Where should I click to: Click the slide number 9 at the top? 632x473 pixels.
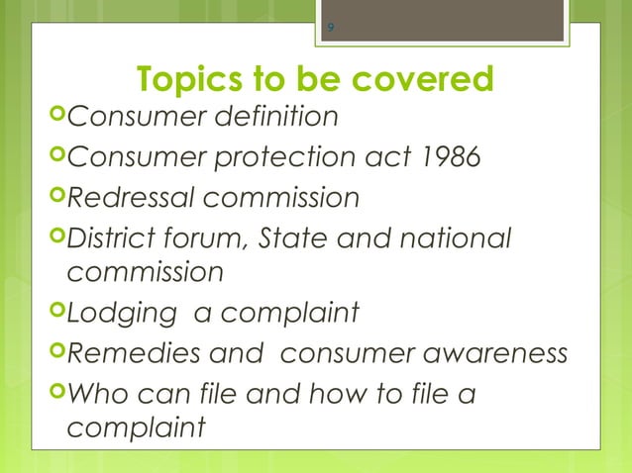pyautogui.click(x=330, y=27)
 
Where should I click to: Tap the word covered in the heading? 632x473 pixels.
pyautogui.click(x=423, y=79)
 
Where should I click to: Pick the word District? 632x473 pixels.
pyautogui.click(x=117, y=238)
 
